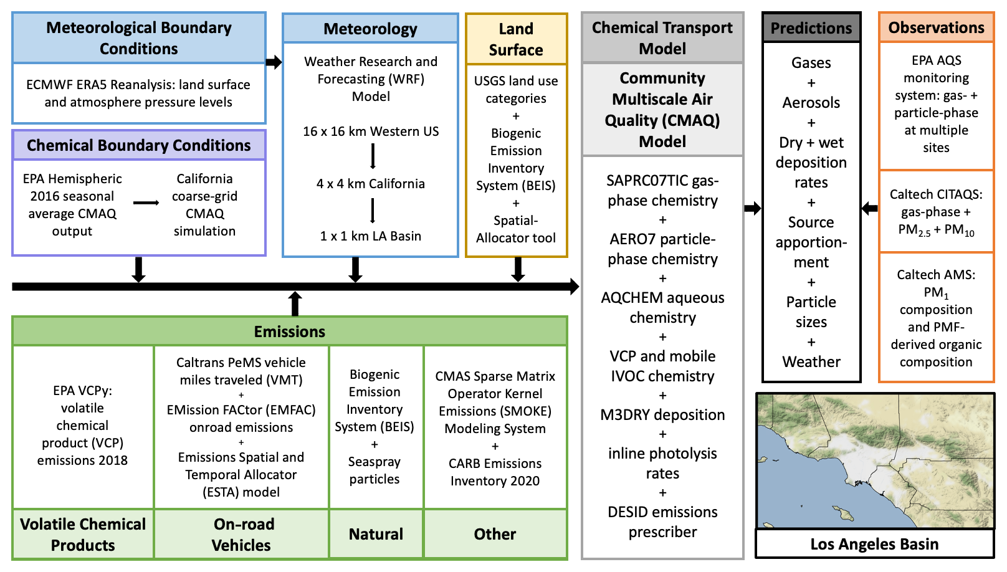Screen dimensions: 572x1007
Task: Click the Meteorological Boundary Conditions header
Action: click(139, 38)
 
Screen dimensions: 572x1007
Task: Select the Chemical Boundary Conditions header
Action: click(139, 145)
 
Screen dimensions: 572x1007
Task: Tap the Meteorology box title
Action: click(370, 29)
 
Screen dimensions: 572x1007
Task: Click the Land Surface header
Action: click(516, 39)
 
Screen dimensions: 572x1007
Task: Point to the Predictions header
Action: click(811, 28)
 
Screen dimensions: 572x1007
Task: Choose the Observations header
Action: click(936, 27)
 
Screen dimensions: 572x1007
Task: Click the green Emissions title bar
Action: click(290, 331)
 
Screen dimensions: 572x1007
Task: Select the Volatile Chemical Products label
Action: click(83, 534)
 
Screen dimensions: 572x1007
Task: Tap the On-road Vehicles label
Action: click(242, 534)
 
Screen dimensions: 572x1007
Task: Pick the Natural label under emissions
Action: click(376, 534)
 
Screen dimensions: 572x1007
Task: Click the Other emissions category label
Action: click(495, 534)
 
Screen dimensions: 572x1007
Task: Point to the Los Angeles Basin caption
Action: click(874, 544)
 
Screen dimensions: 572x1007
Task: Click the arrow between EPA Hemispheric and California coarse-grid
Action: click(146, 203)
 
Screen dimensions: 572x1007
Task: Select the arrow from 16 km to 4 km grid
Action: click(373, 156)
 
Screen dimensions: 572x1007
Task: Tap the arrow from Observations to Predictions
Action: click(870, 208)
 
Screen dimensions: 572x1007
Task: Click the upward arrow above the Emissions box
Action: click(295, 303)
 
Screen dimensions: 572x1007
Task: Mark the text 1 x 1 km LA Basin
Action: click(371, 236)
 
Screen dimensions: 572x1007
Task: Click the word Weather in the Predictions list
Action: click(811, 362)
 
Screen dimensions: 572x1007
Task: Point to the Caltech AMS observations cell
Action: click(936, 318)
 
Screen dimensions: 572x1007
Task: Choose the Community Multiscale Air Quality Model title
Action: click(662, 110)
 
